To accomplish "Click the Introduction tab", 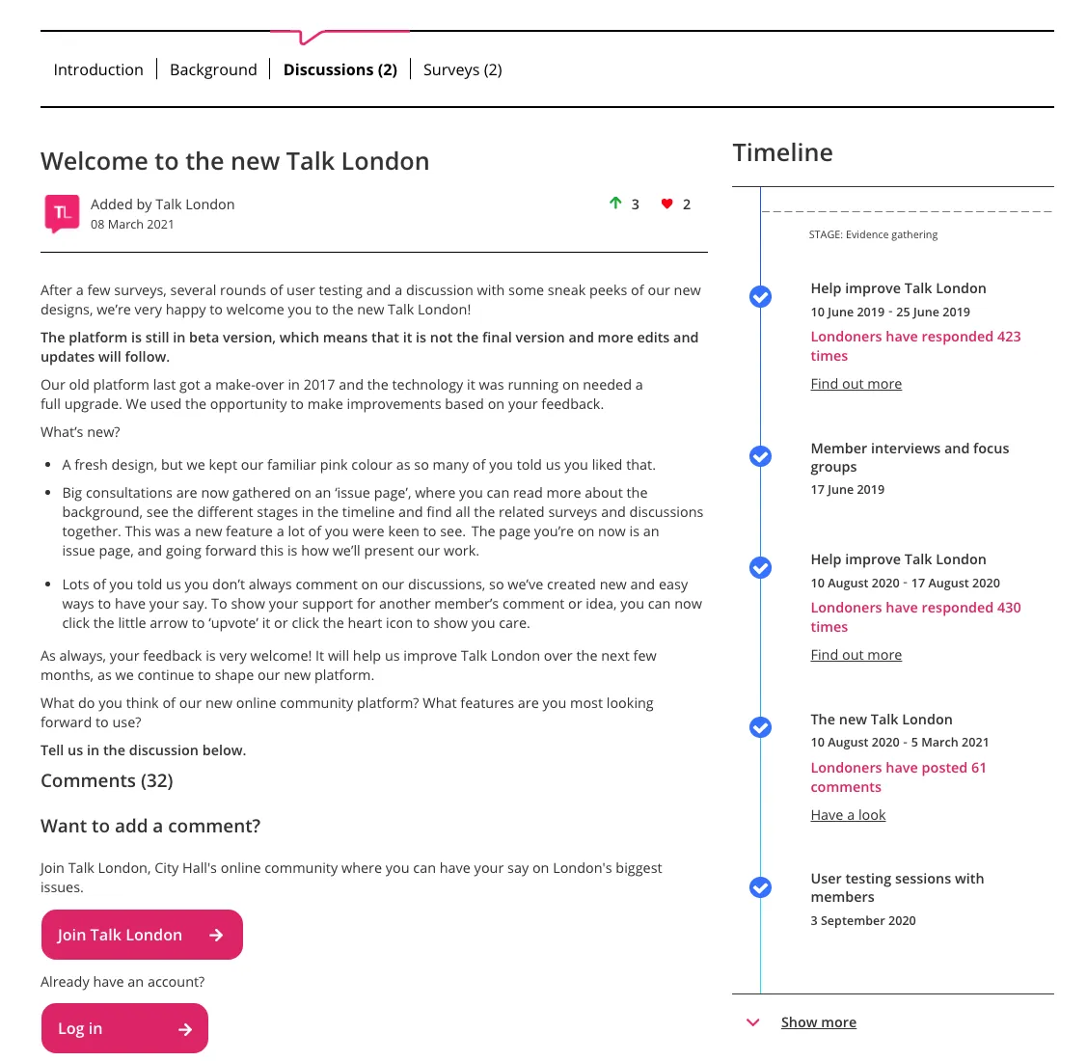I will pyautogui.click(x=98, y=69).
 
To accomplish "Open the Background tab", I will pyautogui.click(x=213, y=69).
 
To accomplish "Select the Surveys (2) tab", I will pyautogui.click(x=463, y=69).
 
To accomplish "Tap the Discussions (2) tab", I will pyautogui.click(x=340, y=69).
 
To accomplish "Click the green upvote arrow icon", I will pyautogui.click(x=615, y=204).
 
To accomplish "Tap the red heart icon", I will pyautogui.click(x=666, y=204).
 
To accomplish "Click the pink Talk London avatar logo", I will pyautogui.click(x=63, y=213).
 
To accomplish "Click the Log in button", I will pyautogui.click(x=124, y=1029).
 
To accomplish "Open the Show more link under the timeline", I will pyautogui.click(x=818, y=1022).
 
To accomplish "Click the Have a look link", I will pyautogui.click(x=848, y=815).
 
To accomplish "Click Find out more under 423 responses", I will pyautogui.click(x=856, y=384).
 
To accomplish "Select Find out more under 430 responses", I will pyautogui.click(x=856, y=655).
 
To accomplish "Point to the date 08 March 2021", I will pyautogui.click(x=132, y=225).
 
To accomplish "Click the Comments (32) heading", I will pyautogui.click(x=107, y=781).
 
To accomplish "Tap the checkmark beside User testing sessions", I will pyautogui.click(x=761, y=887).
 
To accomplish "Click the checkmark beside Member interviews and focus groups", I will pyautogui.click(x=761, y=456).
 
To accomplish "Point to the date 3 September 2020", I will pyautogui.click(x=863, y=921).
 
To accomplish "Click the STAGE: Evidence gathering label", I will pyautogui.click(x=873, y=234).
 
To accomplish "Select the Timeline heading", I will pyautogui.click(x=782, y=152).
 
